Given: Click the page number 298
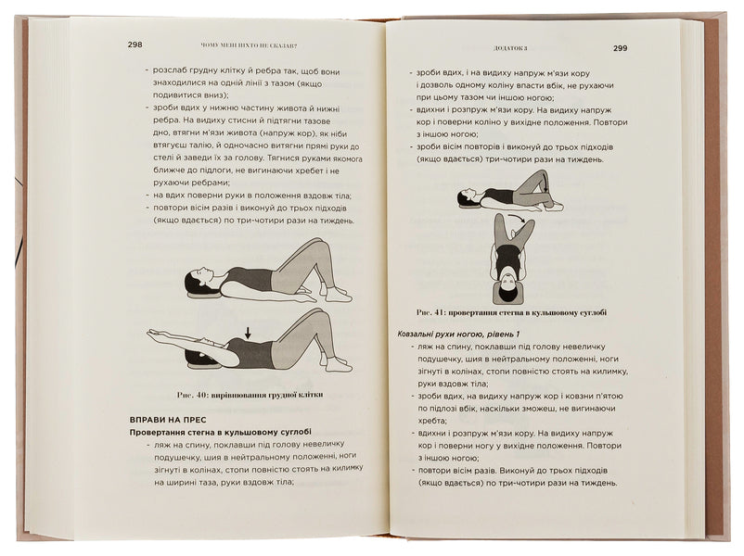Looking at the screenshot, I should (x=135, y=44).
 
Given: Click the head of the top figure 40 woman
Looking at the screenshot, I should (x=194, y=280).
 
